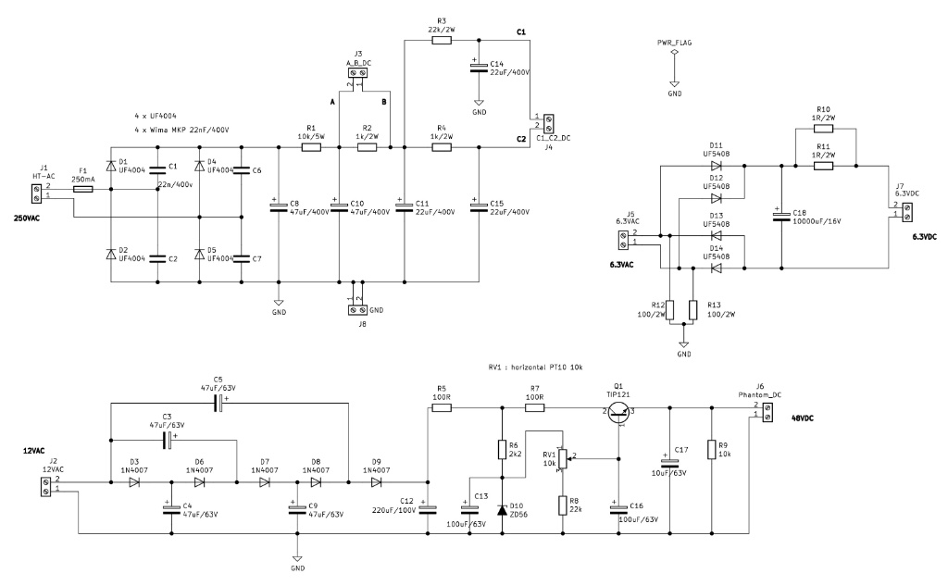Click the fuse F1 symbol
click(82, 189)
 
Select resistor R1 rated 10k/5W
click(312, 146)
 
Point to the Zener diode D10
click(502, 510)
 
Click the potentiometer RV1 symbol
click(562, 456)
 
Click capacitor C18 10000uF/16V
click(780, 217)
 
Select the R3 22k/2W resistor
click(442, 40)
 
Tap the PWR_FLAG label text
click(674, 44)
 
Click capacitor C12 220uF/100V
click(428, 506)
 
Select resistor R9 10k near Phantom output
click(710, 450)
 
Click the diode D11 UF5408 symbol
click(716, 167)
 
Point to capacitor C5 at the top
click(218, 403)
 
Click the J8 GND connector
click(357, 310)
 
